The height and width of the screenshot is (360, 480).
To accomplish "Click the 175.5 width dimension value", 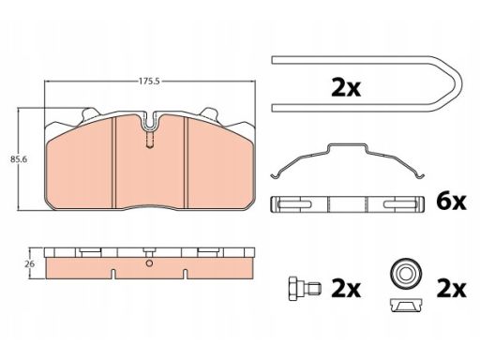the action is click(149, 82).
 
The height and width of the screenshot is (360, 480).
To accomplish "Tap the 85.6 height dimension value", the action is click(19, 159).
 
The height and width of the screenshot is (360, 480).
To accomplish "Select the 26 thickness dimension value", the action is click(30, 264).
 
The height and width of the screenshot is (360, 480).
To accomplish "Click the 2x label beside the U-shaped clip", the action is click(346, 88).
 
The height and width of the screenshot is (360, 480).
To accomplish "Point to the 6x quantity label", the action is click(451, 202).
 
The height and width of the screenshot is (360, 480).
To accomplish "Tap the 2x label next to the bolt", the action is click(346, 289).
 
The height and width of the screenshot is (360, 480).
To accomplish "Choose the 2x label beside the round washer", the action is click(451, 289).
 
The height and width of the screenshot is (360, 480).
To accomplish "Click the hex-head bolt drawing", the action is click(304, 289).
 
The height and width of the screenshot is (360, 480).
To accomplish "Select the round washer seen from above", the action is click(406, 274).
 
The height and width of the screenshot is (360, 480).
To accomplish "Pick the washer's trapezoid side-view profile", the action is click(406, 305).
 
